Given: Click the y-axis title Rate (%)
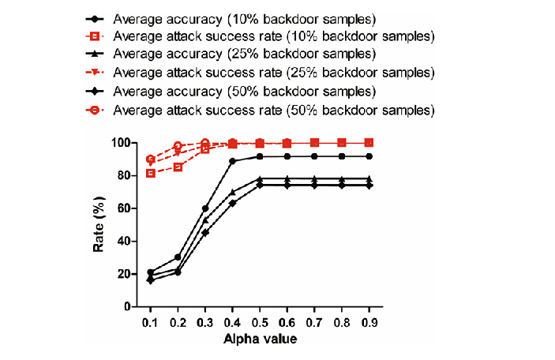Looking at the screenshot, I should coord(99,225).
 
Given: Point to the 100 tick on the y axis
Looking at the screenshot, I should coord(120,143).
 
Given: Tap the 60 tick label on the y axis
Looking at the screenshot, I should coord(122,208).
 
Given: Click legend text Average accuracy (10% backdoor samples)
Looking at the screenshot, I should coord(244,18).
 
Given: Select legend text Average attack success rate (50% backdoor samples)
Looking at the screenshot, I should coord(273,110).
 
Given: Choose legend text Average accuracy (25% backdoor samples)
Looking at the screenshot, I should coord(244,54).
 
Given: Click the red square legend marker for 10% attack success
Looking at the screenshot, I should coord(94,36).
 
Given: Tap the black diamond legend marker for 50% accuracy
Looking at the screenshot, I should coord(94,92).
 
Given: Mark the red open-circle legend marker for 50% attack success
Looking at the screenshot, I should coord(94,110).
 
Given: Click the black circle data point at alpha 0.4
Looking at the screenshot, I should coord(233,161).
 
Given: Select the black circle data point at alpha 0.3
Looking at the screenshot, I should coord(205,208).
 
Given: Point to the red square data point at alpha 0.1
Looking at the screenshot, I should coord(151,173).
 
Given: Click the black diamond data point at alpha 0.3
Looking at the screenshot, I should coord(205,232).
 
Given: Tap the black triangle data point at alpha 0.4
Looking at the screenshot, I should coord(233,192).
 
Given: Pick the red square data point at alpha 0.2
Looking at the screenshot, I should coord(178,167).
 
